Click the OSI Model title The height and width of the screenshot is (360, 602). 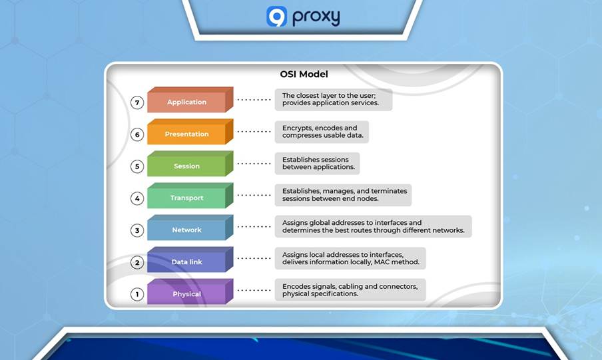pos(303,75)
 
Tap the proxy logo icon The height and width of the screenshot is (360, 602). pos(276,17)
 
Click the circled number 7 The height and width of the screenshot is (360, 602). pos(137,103)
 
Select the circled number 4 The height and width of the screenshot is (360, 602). pos(137,198)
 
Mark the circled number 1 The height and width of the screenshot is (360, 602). pos(137,294)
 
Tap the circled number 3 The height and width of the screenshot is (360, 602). pos(137,231)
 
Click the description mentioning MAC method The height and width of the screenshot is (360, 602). pos(350,258)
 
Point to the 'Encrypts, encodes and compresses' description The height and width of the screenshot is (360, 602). pos(321,132)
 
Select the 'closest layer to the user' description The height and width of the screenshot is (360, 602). pos(333,100)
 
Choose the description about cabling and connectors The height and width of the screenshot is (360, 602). pos(350,289)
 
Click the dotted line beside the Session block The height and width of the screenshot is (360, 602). pos(254,164)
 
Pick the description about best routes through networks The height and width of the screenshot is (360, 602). pos(373,226)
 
